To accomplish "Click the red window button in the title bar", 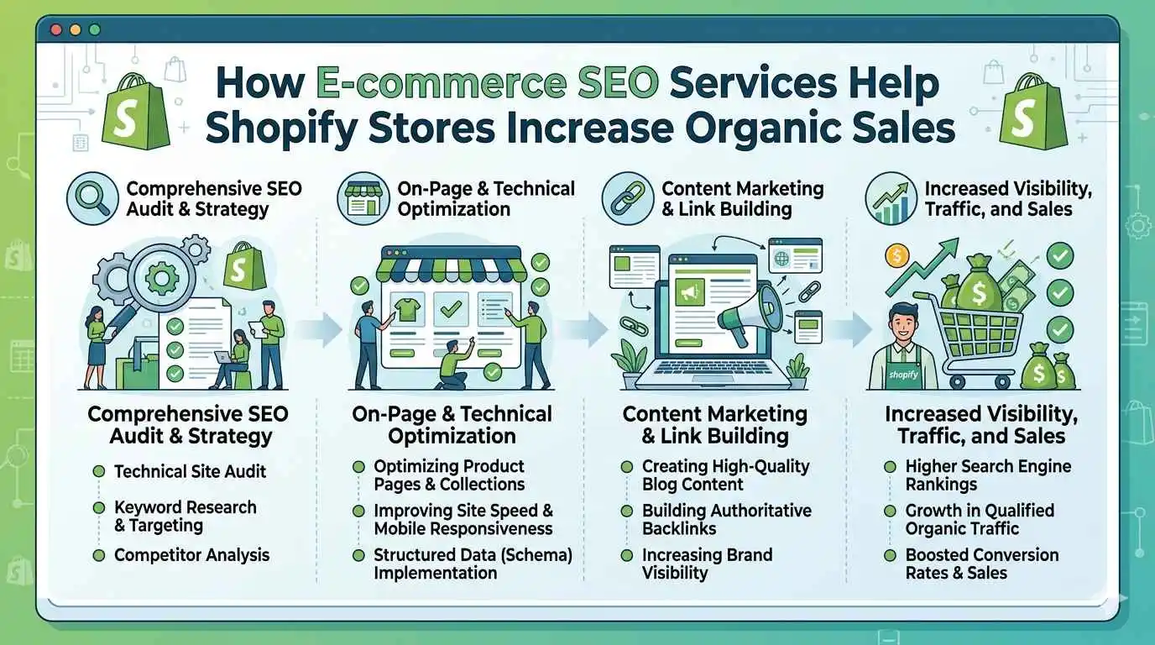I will [x=56, y=29].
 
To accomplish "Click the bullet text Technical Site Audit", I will [x=190, y=471].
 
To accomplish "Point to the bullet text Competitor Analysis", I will [x=191, y=554].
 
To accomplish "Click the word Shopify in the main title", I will [x=283, y=128].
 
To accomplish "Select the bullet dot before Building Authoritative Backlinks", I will [x=626, y=511].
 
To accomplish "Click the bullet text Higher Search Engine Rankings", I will [x=988, y=475].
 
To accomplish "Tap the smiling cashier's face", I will [x=903, y=325].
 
